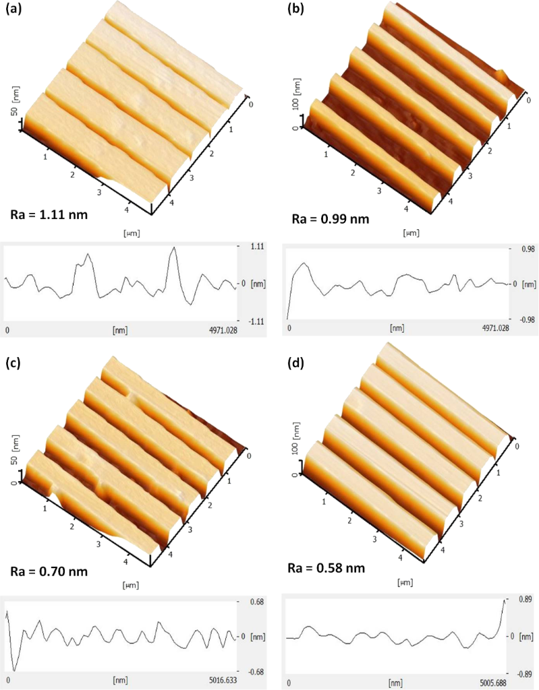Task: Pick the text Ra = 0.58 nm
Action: coord(331,568)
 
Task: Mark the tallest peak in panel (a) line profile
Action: coord(174,248)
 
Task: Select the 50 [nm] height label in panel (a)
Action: coord(14,105)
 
